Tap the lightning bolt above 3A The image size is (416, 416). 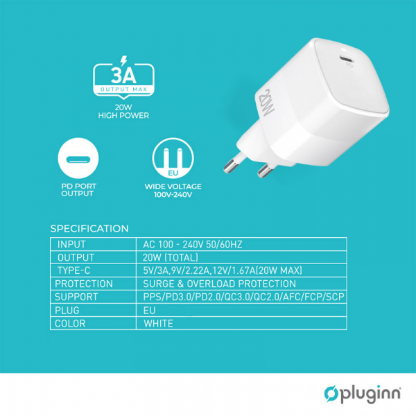point(123,60)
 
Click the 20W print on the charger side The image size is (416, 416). point(269,102)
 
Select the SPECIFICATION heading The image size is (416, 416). point(89,229)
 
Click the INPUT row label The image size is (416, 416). point(71,244)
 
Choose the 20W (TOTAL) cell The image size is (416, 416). point(171,257)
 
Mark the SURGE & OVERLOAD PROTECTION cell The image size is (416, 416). point(219,284)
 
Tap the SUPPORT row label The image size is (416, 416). point(78,297)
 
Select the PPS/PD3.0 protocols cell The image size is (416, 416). point(243,297)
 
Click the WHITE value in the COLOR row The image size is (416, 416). point(158,323)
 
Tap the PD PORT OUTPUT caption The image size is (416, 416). point(78,190)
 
